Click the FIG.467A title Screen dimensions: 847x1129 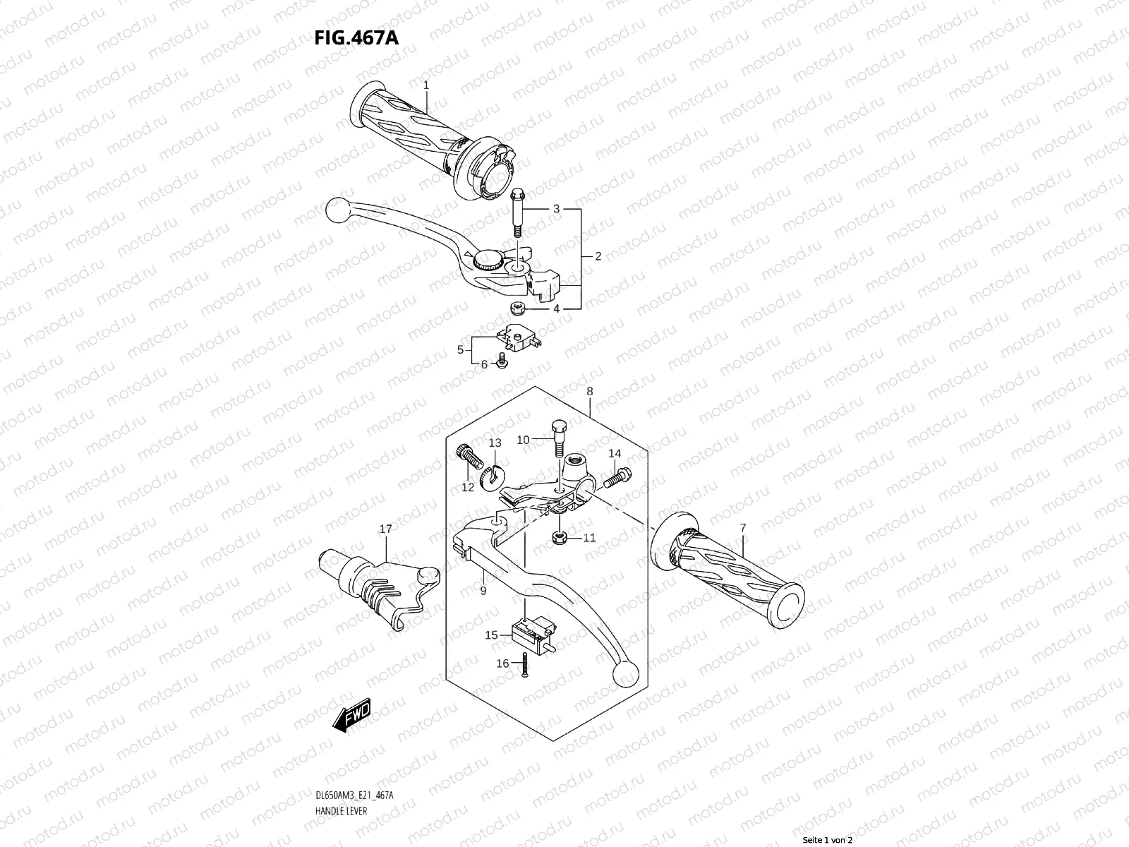356,37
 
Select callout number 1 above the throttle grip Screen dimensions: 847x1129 426,85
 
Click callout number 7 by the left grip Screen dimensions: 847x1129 742,527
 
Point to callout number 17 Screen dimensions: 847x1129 385,529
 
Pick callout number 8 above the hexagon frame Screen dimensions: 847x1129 589,391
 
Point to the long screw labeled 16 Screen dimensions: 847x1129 525,666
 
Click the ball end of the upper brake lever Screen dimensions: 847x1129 337,211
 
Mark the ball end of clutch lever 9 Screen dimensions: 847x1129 624,673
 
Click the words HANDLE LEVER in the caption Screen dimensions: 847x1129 342,772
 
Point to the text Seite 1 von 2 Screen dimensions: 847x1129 828,840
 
